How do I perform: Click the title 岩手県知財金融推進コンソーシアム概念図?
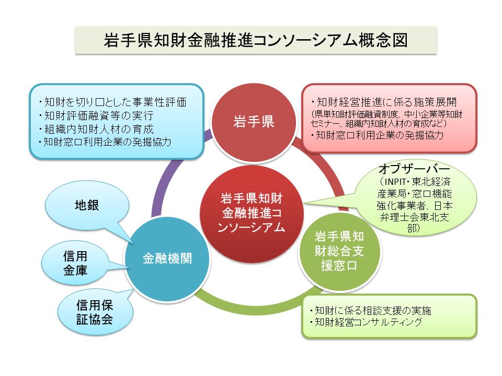click(256, 40)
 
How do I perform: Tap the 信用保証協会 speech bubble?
click(94, 312)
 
